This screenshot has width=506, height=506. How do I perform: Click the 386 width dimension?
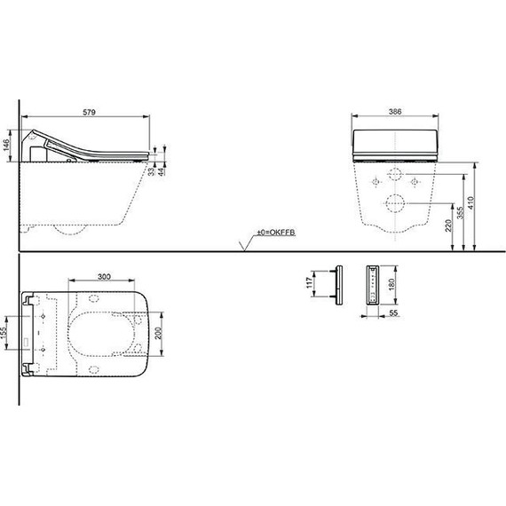398,113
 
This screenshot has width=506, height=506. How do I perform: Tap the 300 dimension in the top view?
105,277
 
